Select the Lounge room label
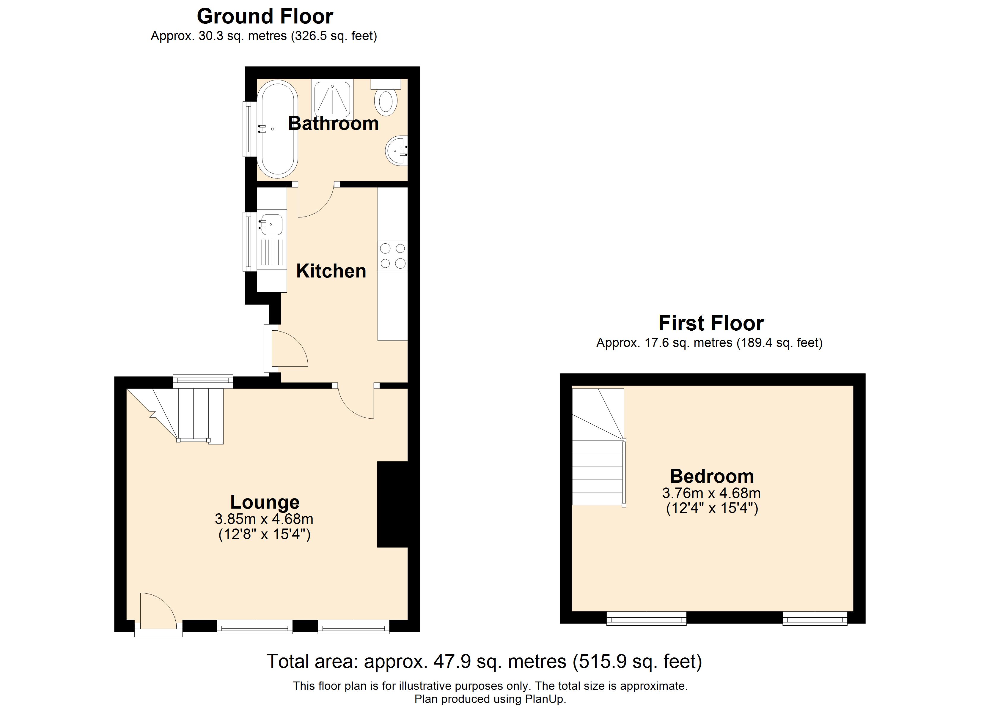pyautogui.click(x=265, y=502)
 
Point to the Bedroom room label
pyautogui.click(x=712, y=476)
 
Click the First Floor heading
pyautogui.click(x=711, y=323)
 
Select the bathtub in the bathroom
pyautogui.click(x=278, y=129)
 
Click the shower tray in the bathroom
pyautogui.click(x=332, y=99)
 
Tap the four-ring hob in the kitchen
pyautogui.click(x=393, y=256)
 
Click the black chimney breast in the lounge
pyautogui.click(x=393, y=504)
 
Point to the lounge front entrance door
pyautogui.click(x=158, y=614)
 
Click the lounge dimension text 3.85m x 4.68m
pyautogui.click(x=264, y=519)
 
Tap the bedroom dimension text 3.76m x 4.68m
pyautogui.click(x=712, y=493)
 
